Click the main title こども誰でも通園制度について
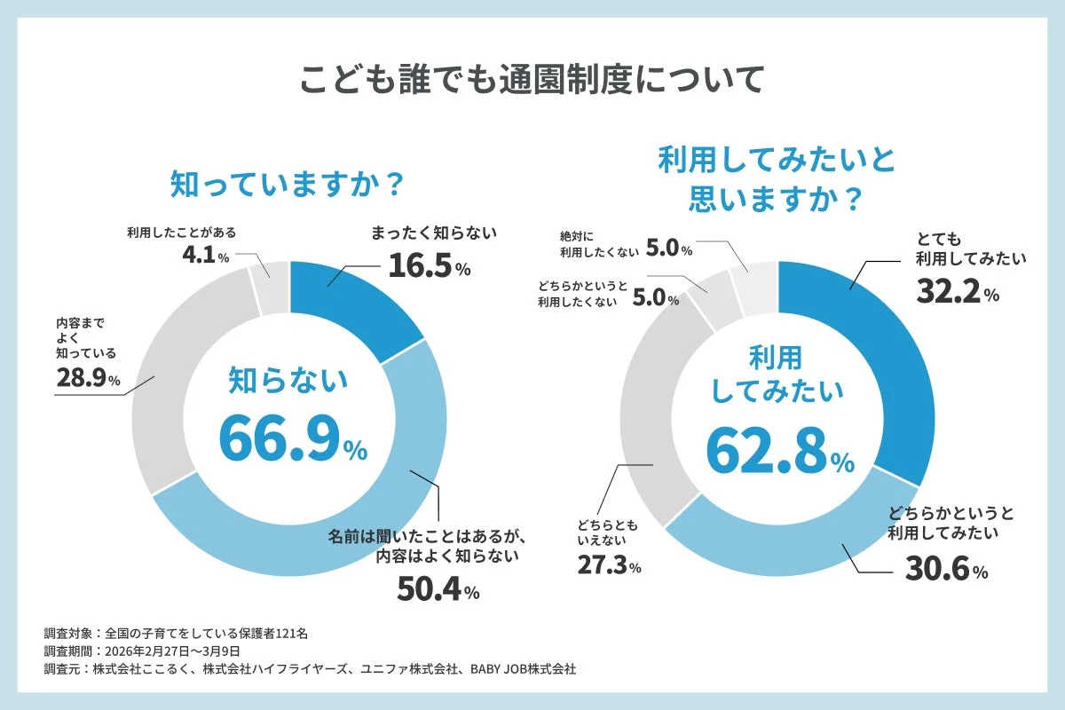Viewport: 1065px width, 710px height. [x=531, y=79]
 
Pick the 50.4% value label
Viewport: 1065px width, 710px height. [x=438, y=589]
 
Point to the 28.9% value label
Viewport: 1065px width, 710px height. [x=87, y=379]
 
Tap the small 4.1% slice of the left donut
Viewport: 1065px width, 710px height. [x=269, y=287]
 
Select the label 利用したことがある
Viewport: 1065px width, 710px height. [x=182, y=234]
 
